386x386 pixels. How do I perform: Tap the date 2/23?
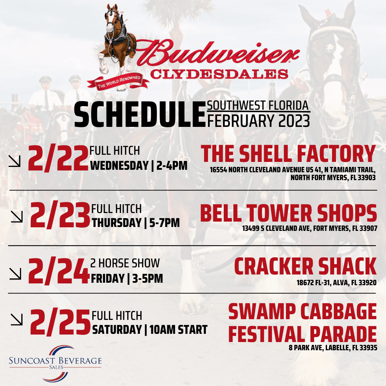click(x=60, y=216)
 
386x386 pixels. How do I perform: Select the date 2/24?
click(x=58, y=271)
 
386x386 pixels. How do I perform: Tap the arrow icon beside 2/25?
click(x=16, y=319)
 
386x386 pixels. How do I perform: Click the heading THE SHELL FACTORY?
click(x=288, y=154)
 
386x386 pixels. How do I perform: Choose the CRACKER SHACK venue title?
click(x=305, y=267)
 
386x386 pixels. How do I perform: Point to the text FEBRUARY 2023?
click(x=258, y=121)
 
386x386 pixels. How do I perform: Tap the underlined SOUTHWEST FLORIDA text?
click(x=258, y=106)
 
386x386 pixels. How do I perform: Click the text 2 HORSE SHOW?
click(x=125, y=264)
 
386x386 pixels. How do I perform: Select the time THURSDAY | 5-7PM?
click(x=136, y=223)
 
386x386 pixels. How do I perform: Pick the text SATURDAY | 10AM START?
click(x=150, y=330)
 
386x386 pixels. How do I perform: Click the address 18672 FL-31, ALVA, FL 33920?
click(x=336, y=283)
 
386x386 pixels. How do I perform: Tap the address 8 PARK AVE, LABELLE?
click(x=333, y=347)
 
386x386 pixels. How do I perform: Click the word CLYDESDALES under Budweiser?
click(x=219, y=74)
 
